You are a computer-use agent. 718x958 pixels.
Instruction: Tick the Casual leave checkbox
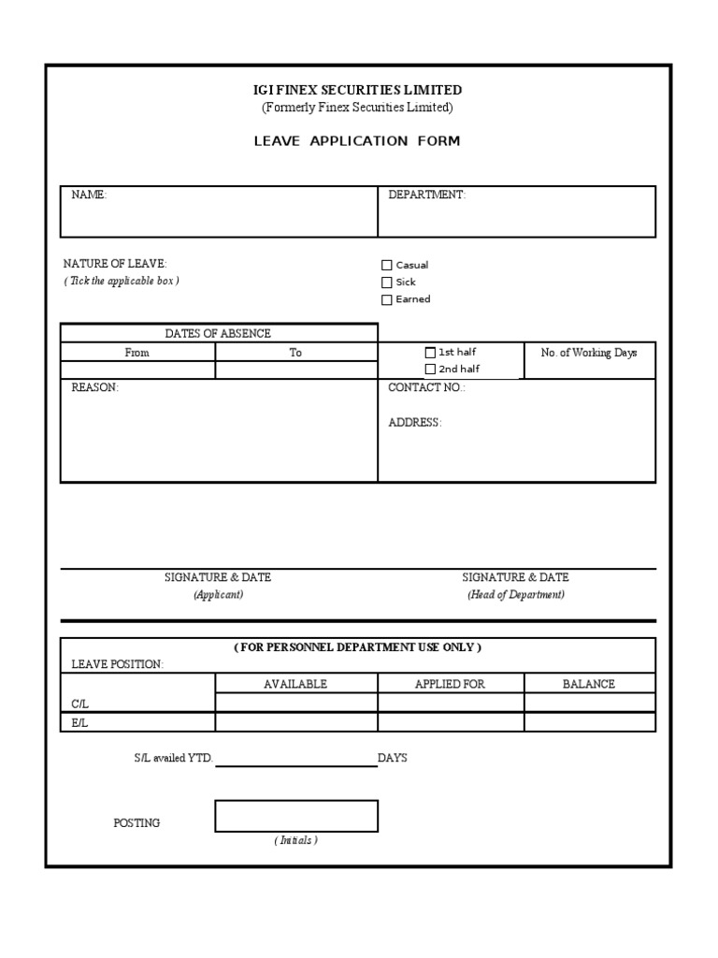point(387,265)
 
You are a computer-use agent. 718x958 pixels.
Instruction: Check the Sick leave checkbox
point(387,282)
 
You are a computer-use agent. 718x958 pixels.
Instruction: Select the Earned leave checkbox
point(387,299)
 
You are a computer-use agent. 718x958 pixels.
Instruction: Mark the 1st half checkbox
point(430,353)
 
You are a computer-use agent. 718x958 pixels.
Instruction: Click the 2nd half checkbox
point(430,369)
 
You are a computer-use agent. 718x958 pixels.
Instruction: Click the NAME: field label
point(90,195)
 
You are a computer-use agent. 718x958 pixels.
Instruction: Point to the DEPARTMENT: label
point(426,195)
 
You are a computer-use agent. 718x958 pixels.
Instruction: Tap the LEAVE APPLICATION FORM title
point(358,141)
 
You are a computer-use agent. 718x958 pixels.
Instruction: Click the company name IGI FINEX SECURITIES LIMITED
point(358,90)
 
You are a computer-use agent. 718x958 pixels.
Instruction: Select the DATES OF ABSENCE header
point(218,333)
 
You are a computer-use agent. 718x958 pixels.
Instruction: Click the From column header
point(137,353)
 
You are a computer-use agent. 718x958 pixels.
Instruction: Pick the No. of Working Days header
point(589,353)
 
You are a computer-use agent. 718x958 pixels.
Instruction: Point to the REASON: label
point(95,387)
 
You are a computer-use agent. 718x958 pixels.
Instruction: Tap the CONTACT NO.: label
point(426,387)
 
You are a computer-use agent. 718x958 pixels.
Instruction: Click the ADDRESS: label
point(415,423)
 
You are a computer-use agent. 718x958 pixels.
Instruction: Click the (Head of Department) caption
point(516,595)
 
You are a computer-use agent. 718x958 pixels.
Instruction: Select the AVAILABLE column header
point(295,684)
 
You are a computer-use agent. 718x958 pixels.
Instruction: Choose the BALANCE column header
point(589,684)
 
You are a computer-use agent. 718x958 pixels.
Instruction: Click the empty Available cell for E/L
point(296,722)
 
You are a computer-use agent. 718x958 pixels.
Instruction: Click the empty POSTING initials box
point(296,816)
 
